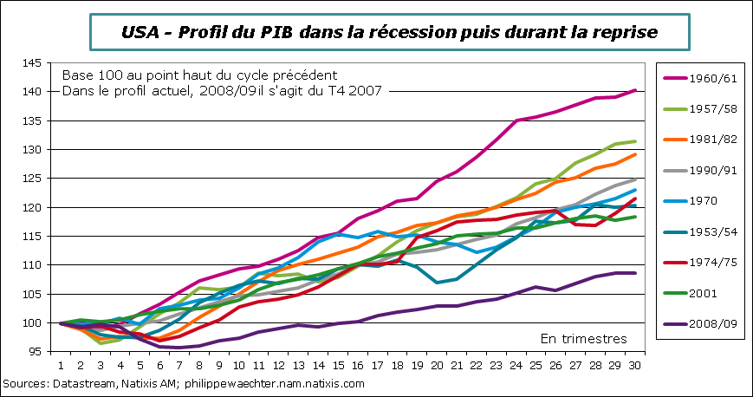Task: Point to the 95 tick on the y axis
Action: (33, 352)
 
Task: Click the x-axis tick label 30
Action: (636, 367)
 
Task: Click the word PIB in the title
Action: (279, 32)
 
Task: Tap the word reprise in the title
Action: (625, 32)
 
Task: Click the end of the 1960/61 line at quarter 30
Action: (636, 90)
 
